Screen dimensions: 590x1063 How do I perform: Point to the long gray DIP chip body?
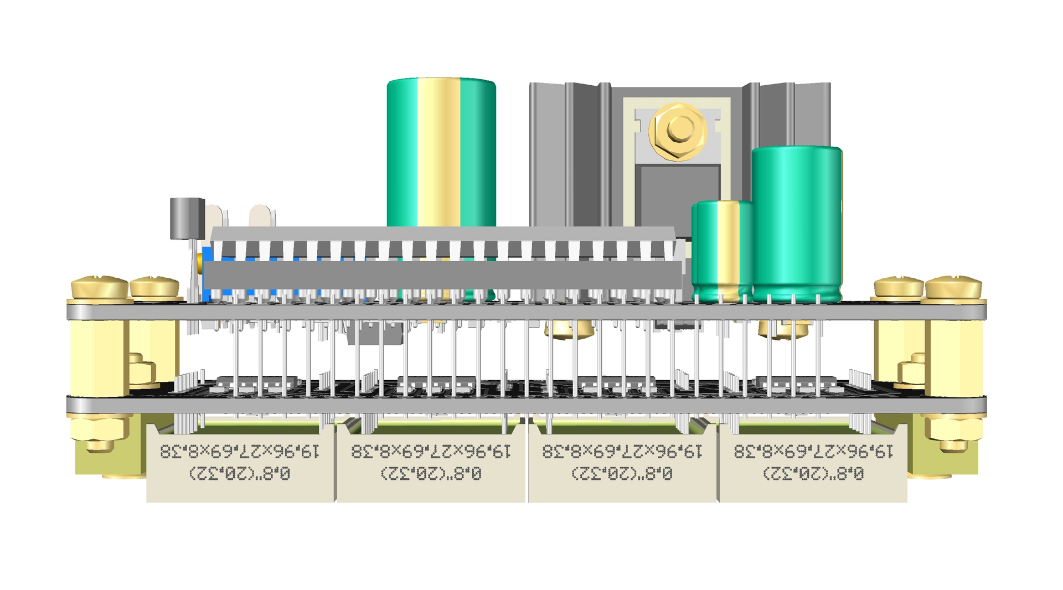(x=443, y=275)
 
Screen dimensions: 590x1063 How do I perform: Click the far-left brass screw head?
(x=100, y=288)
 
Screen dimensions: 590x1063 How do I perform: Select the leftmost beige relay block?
(x=240, y=465)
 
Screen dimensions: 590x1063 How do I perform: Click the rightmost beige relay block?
(x=813, y=465)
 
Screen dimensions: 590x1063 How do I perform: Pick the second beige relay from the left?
(x=431, y=465)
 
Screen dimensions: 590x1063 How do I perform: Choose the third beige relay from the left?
(x=622, y=465)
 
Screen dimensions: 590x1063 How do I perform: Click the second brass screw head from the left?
(x=154, y=288)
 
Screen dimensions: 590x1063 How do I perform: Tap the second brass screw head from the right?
(x=899, y=288)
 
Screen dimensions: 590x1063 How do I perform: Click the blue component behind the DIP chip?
(x=208, y=274)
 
